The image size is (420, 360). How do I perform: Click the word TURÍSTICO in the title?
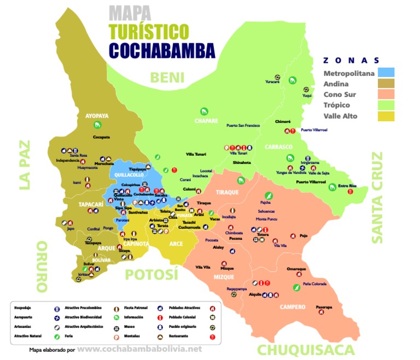click(148, 31)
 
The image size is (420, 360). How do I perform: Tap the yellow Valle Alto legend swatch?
click(386, 115)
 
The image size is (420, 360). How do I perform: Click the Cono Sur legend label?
click(340, 94)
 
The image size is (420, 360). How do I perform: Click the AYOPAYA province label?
click(97, 116)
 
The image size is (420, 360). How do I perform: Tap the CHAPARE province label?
click(206, 121)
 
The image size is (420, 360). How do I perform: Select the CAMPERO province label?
click(293, 307)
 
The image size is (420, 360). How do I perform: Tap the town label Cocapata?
click(102, 137)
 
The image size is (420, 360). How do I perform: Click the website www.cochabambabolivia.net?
click(139, 349)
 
